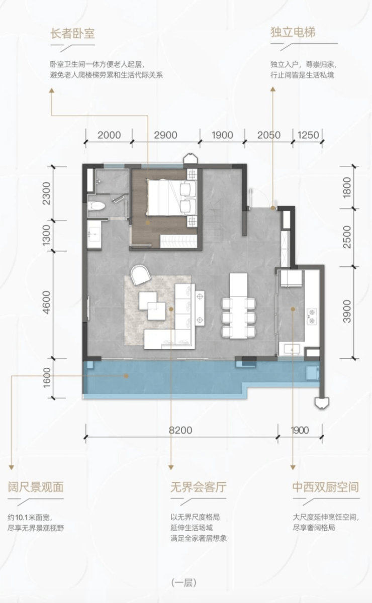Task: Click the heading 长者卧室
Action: click(73, 34)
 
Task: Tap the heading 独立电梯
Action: click(293, 33)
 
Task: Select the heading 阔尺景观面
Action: click(36, 487)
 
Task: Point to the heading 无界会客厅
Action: click(198, 487)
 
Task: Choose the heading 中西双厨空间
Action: click(326, 487)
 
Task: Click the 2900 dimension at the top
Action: click(166, 135)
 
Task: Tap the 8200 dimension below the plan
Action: click(180, 430)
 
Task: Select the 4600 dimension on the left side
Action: click(47, 303)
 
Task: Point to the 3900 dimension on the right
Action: click(347, 312)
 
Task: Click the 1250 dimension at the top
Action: click(308, 135)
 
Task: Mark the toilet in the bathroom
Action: click(96, 207)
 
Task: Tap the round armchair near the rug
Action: click(140, 274)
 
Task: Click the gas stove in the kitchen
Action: click(312, 316)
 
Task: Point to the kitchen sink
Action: click(292, 349)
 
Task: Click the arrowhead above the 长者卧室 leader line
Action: click(51, 90)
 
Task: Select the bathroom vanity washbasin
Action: click(95, 234)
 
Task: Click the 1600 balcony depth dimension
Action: click(47, 378)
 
